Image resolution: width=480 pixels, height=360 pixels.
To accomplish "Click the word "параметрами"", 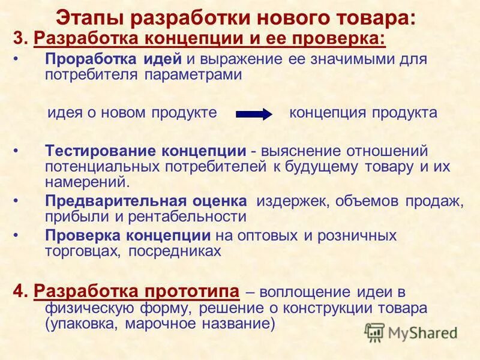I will click(193, 75).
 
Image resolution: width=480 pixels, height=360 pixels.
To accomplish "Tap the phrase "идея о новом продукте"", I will click(131, 113).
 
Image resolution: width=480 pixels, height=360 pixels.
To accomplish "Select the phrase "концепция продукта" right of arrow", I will click(363, 113).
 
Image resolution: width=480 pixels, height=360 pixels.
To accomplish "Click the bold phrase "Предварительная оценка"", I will click(146, 201).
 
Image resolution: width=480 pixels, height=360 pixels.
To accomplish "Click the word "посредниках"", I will click(180, 251).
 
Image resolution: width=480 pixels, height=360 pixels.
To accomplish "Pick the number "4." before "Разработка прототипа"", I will click(22, 292).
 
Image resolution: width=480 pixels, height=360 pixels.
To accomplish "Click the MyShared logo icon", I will click(375, 332).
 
